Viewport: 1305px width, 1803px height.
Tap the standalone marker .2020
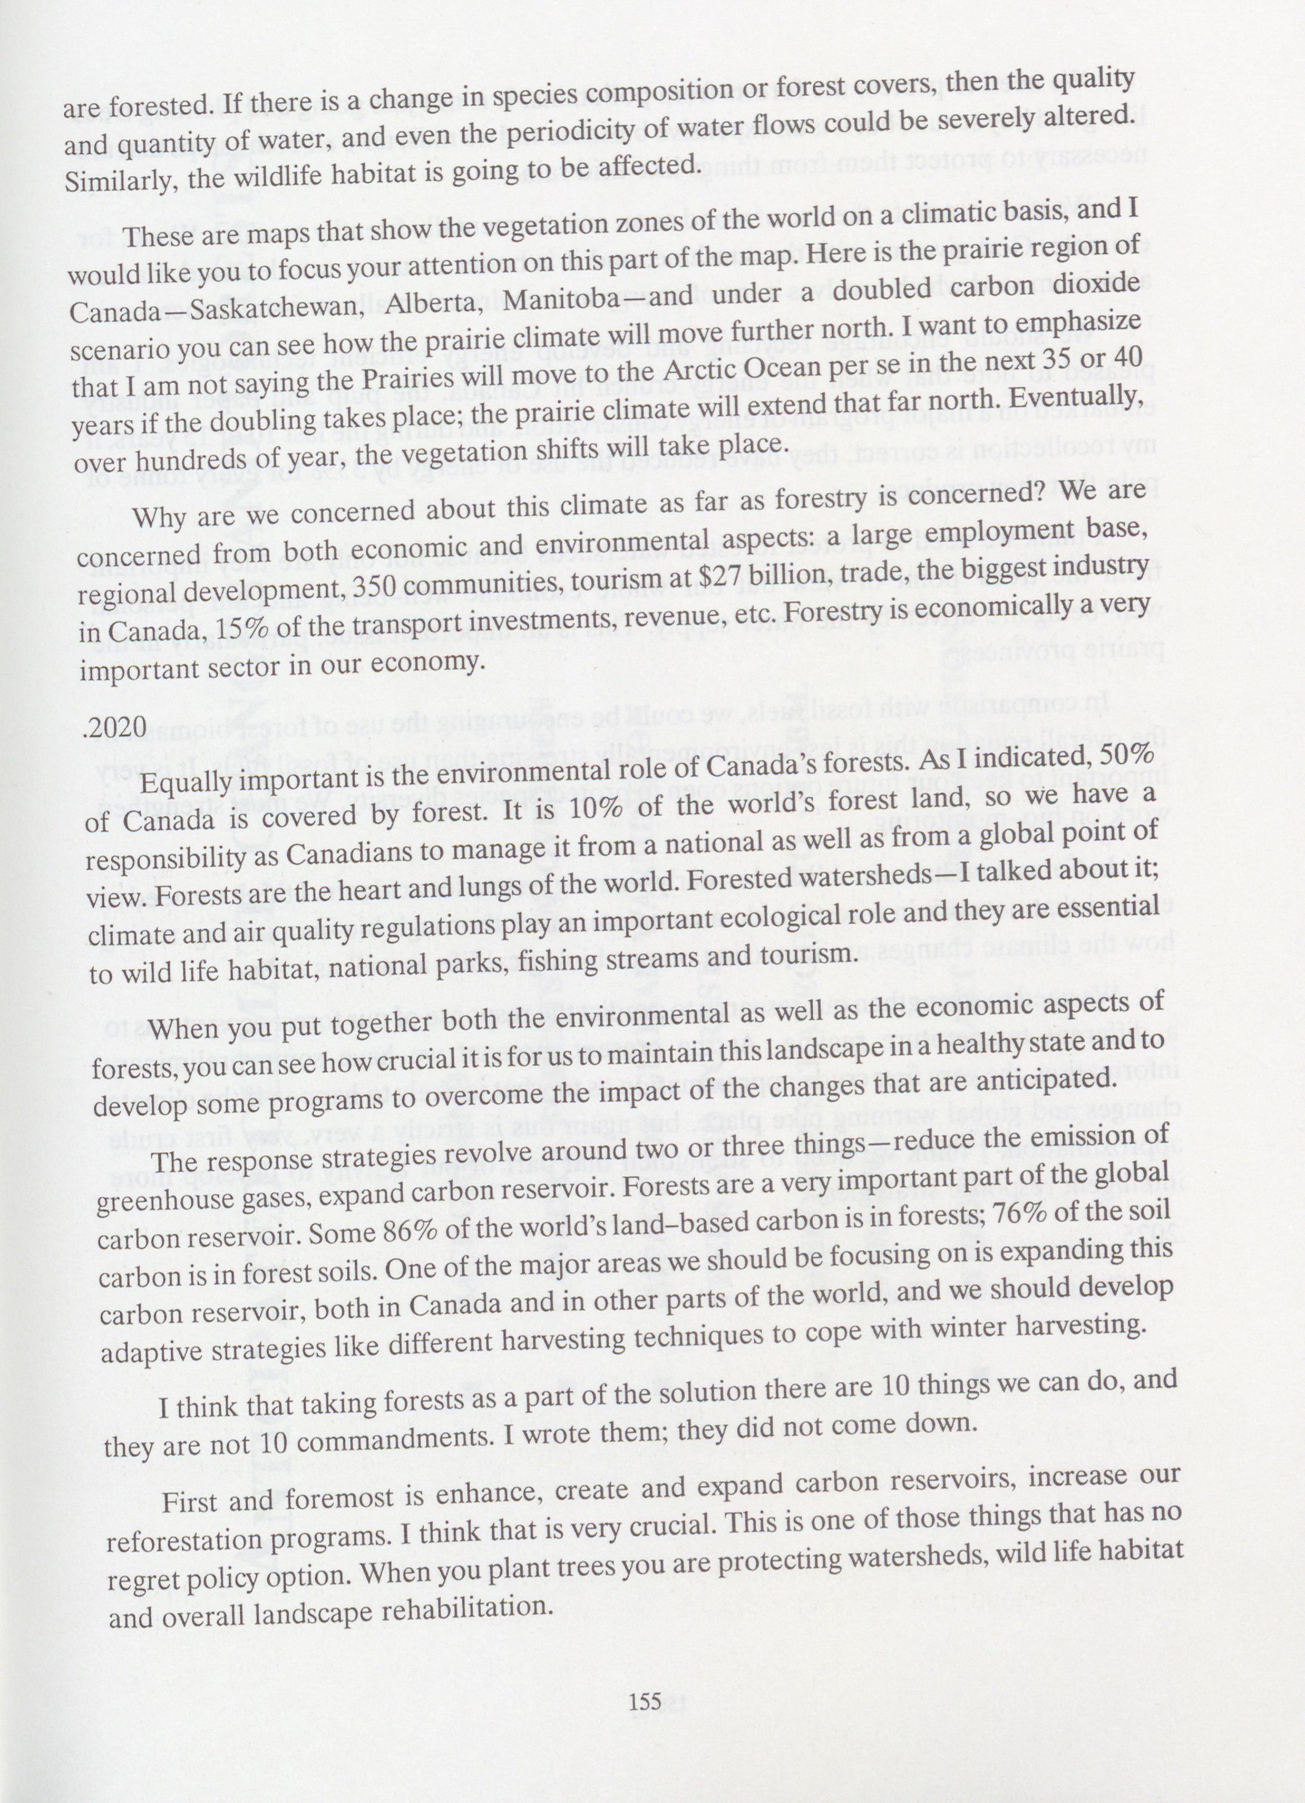[x=115, y=726]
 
